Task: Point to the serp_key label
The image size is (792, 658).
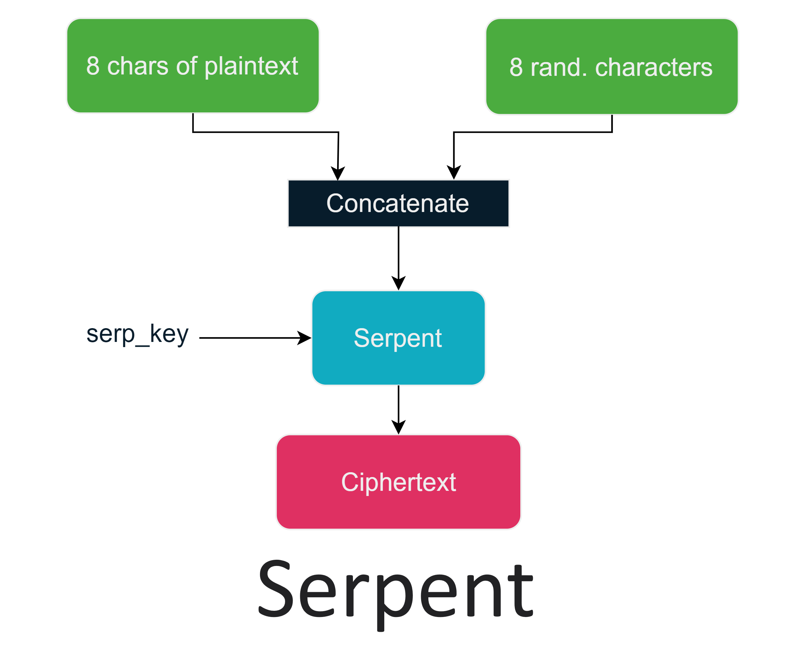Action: coord(137,334)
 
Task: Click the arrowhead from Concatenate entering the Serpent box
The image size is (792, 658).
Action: coord(398,283)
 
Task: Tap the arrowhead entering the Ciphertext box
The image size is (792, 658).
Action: coord(398,427)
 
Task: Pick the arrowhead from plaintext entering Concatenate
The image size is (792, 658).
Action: coord(338,173)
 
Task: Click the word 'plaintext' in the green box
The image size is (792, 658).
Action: coord(252,67)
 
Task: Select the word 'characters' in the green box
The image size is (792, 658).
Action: coord(654,68)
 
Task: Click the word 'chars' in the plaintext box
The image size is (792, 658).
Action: coord(137,67)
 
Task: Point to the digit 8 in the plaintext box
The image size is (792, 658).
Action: coord(93,67)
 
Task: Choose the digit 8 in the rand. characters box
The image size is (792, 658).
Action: coord(516,68)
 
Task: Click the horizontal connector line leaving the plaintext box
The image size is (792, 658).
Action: coord(266,132)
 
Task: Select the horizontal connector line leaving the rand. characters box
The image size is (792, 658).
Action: coord(532,132)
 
